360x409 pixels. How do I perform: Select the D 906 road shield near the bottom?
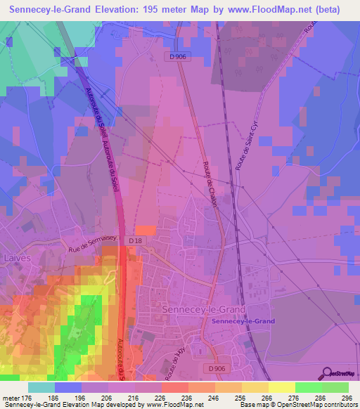217,367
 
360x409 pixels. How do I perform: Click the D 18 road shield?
136,240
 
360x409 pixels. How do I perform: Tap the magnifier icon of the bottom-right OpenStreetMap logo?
326,372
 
